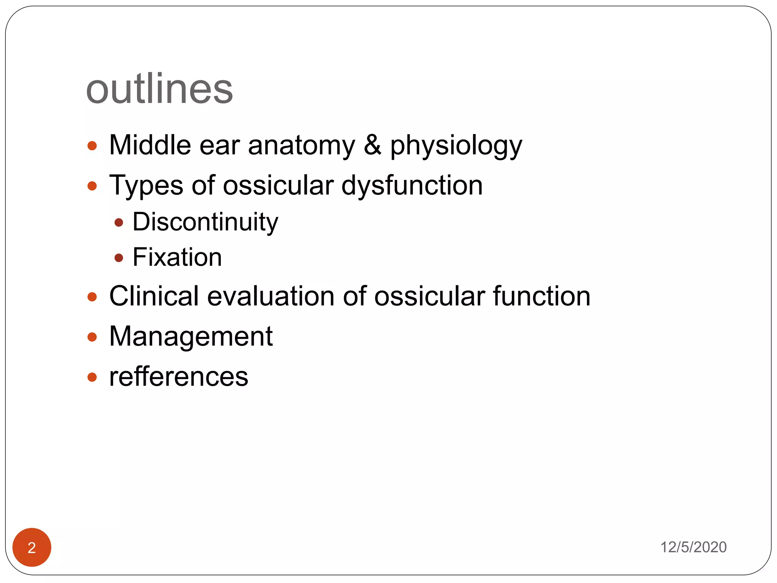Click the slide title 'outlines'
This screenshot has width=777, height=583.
click(x=159, y=89)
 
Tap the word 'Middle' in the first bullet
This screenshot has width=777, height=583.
click(x=150, y=145)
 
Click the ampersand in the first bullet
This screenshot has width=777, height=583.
click(x=373, y=145)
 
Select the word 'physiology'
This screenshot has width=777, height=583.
click(x=456, y=147)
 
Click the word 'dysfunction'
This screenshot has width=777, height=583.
click(x=412, y=186)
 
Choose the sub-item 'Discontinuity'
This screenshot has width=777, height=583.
click(x=205, y=222)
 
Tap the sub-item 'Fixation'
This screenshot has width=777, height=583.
click(x=177, y=257)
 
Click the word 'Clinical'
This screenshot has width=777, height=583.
click(x=154, y=296)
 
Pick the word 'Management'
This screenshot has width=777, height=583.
click(x=191, y=337)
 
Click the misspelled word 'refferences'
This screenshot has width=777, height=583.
click(x=179, y=377)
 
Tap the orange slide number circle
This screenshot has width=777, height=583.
click(x=32, y=547)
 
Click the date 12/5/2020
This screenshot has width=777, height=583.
click(x=693, y=547)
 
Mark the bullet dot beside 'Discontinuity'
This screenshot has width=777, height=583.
click(x=119, y=222)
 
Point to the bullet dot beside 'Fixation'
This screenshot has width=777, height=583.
click(x=119, y=258)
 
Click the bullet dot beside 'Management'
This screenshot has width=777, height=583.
click(x=92, y=337)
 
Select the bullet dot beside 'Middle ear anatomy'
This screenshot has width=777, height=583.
click(x=92, y=146)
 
